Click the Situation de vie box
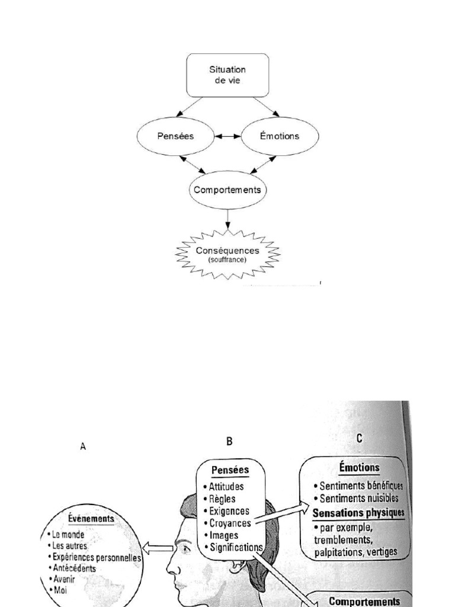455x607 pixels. click(228, 75)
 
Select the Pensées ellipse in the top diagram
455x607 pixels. click(176, 136)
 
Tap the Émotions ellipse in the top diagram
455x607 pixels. click(280, 136)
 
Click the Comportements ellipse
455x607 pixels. click(228, 190)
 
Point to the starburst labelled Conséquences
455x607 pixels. click(228, 254)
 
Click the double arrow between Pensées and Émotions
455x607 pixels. click(228, 136)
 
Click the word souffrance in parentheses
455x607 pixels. click(228, 260)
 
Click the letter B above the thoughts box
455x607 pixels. click(229, 440)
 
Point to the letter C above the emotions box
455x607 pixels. click(359, 438)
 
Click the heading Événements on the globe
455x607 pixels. click(90, 519)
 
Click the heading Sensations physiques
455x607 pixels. click(358, 512)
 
